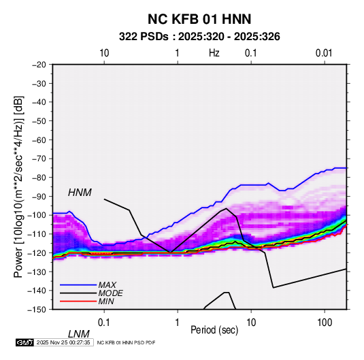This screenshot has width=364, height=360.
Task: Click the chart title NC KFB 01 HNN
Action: pyautogui.click(x=199, y=19)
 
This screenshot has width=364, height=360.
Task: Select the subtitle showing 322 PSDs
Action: pyautogui.click(x=199, y=37)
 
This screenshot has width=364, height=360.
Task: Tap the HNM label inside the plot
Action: pyautogui.click(x=80, y=193)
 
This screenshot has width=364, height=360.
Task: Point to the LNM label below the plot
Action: pyautogui.click(x=79, y=334)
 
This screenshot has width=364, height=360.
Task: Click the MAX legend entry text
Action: pyautogui.click(x=107, y=285)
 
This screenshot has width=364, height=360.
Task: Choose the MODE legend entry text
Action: pyautogui.click(x=110, y=293)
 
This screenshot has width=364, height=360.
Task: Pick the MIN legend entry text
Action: pyautogui.click(x=106, y=301)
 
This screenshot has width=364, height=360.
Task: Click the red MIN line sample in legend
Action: pyautogui.click(x=78, y=301)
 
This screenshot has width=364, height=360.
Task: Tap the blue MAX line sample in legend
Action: pyautogui.click(x=78, y=285)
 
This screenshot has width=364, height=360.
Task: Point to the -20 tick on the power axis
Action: pyautogui.click(x=39, y=65)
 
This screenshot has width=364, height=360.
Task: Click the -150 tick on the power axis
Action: pyautogui.click(x=37, y=310)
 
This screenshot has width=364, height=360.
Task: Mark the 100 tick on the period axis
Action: pyautogui.click(x=325, y=323)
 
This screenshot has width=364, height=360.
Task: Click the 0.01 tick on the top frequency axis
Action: pyautogui.click(x=324, y=53)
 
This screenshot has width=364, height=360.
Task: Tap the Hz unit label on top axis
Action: pyautogui.click(x=214, y=53)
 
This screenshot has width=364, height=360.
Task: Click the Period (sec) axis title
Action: pyautogui.click(x=214, y=330)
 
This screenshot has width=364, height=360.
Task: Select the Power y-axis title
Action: pyautogui.click(x=18, y=186)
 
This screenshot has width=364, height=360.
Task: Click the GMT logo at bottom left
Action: pyautogui.click(x=24, y=342)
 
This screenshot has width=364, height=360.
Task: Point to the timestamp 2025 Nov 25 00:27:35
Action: pyautogui.click(x=63, y=342)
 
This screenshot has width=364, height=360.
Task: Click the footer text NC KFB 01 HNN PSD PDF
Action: pyautogui.click(x=126, y=342)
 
